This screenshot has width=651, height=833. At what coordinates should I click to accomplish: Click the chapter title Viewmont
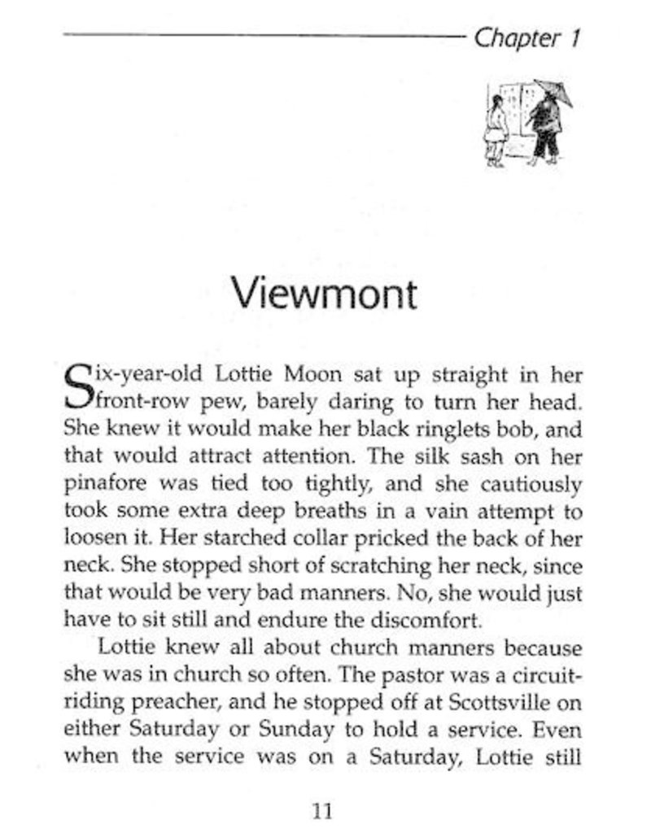(x=324, y=291)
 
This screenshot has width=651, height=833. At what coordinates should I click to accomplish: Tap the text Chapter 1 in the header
(x=527, y=38)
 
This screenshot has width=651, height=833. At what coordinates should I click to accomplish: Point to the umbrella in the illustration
(x=553, y=94)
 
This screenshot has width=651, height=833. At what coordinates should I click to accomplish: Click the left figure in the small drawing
(x=496, y=130)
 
